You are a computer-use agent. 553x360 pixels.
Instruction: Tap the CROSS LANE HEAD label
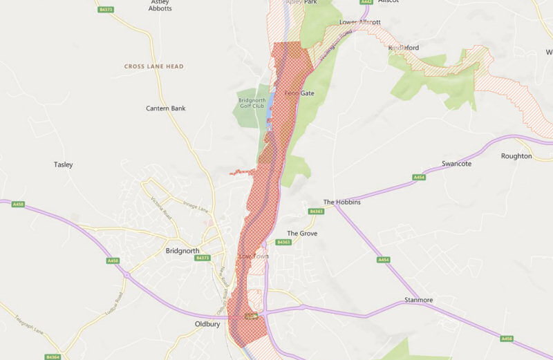(x=153, y=66)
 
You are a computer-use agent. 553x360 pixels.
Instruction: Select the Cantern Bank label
(x=165, y=108)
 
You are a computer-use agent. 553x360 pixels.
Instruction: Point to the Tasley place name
(x=63, y=164)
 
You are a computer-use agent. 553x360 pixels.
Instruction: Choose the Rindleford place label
(x=404, y=48)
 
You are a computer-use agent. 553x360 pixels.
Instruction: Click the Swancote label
(x=456, y=164)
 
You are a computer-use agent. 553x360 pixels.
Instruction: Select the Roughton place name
(x=516, y=156)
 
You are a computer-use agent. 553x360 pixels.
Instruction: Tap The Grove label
(x=302, y=234)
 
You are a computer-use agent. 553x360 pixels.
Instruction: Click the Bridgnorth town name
(x=183, y=251)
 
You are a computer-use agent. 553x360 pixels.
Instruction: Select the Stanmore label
(x=420, y=301)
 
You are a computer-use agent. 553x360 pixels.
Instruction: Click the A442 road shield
(x=366, y=2)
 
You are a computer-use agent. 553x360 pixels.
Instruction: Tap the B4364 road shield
(x=53, y=357)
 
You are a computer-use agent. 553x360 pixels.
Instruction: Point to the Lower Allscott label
(x=359, y=22)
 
